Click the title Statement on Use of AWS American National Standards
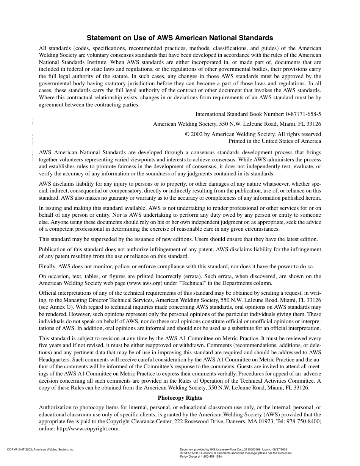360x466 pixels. click(x=180, y=38)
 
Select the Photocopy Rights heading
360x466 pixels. click(x=180, y=398)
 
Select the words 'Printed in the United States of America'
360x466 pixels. click(x=274, y=141)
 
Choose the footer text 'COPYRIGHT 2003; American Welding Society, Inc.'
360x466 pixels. click(x=41, y=450)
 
